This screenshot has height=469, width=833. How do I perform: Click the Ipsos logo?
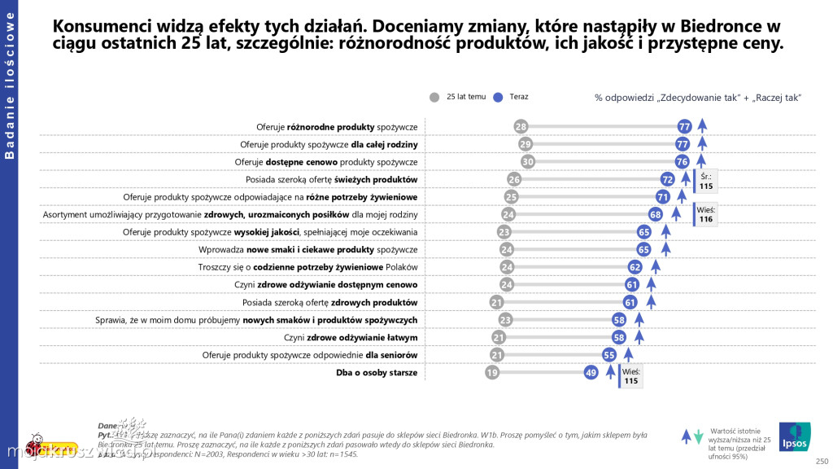[793, 436]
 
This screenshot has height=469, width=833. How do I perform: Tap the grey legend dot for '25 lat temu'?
[434, 97]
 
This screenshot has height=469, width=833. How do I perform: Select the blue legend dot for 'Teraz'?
[498, 97]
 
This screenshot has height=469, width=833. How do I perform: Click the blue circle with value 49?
[591, 373]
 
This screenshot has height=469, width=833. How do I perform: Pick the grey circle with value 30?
[528, 162]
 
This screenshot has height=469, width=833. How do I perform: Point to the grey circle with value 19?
[491, 373]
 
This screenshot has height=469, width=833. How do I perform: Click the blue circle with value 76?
[682, 162]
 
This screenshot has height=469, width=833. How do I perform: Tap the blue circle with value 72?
[668, 179]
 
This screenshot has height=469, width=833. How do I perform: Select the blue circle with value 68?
[655, 214]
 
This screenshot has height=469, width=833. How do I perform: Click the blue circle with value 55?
[609, 355]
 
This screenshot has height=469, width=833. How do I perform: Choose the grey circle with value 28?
[521, 126]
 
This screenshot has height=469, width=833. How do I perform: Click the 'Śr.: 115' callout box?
[705, 181]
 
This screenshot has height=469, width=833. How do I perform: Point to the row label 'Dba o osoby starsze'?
[377, 373]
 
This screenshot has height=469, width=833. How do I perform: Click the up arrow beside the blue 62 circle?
[656, 267]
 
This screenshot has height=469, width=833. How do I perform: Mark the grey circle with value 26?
[514, 179]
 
